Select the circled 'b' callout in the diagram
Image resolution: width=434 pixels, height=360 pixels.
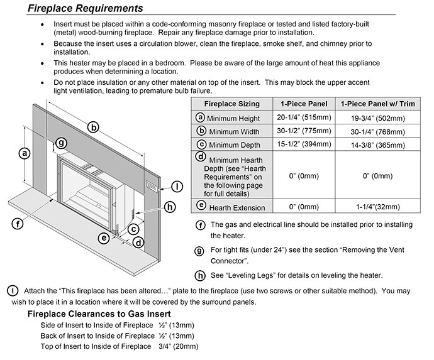pyautogui.click(x=94, y=127)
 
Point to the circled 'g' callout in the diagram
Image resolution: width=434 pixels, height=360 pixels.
pyautogui.click(x=61, y=143)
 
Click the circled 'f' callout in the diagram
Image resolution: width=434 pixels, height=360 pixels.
pyautogui.click(x=18, y=222)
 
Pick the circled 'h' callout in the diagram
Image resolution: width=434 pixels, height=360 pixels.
pyautogui.click(x=169, y=207)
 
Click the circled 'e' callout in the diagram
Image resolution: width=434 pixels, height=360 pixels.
pyautogui.click(x=104, y=237)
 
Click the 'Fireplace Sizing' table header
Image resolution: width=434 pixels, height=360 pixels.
pyautogui.click(x=231, y=104)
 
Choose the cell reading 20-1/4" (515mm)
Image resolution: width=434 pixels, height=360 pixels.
pyautogui.click(x=303, y=117)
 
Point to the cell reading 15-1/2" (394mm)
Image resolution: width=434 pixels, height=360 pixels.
pyautogui.click(x=303, y=145)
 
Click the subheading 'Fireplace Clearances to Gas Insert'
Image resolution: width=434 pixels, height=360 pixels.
pyautogui.click(x=99, y=314)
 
